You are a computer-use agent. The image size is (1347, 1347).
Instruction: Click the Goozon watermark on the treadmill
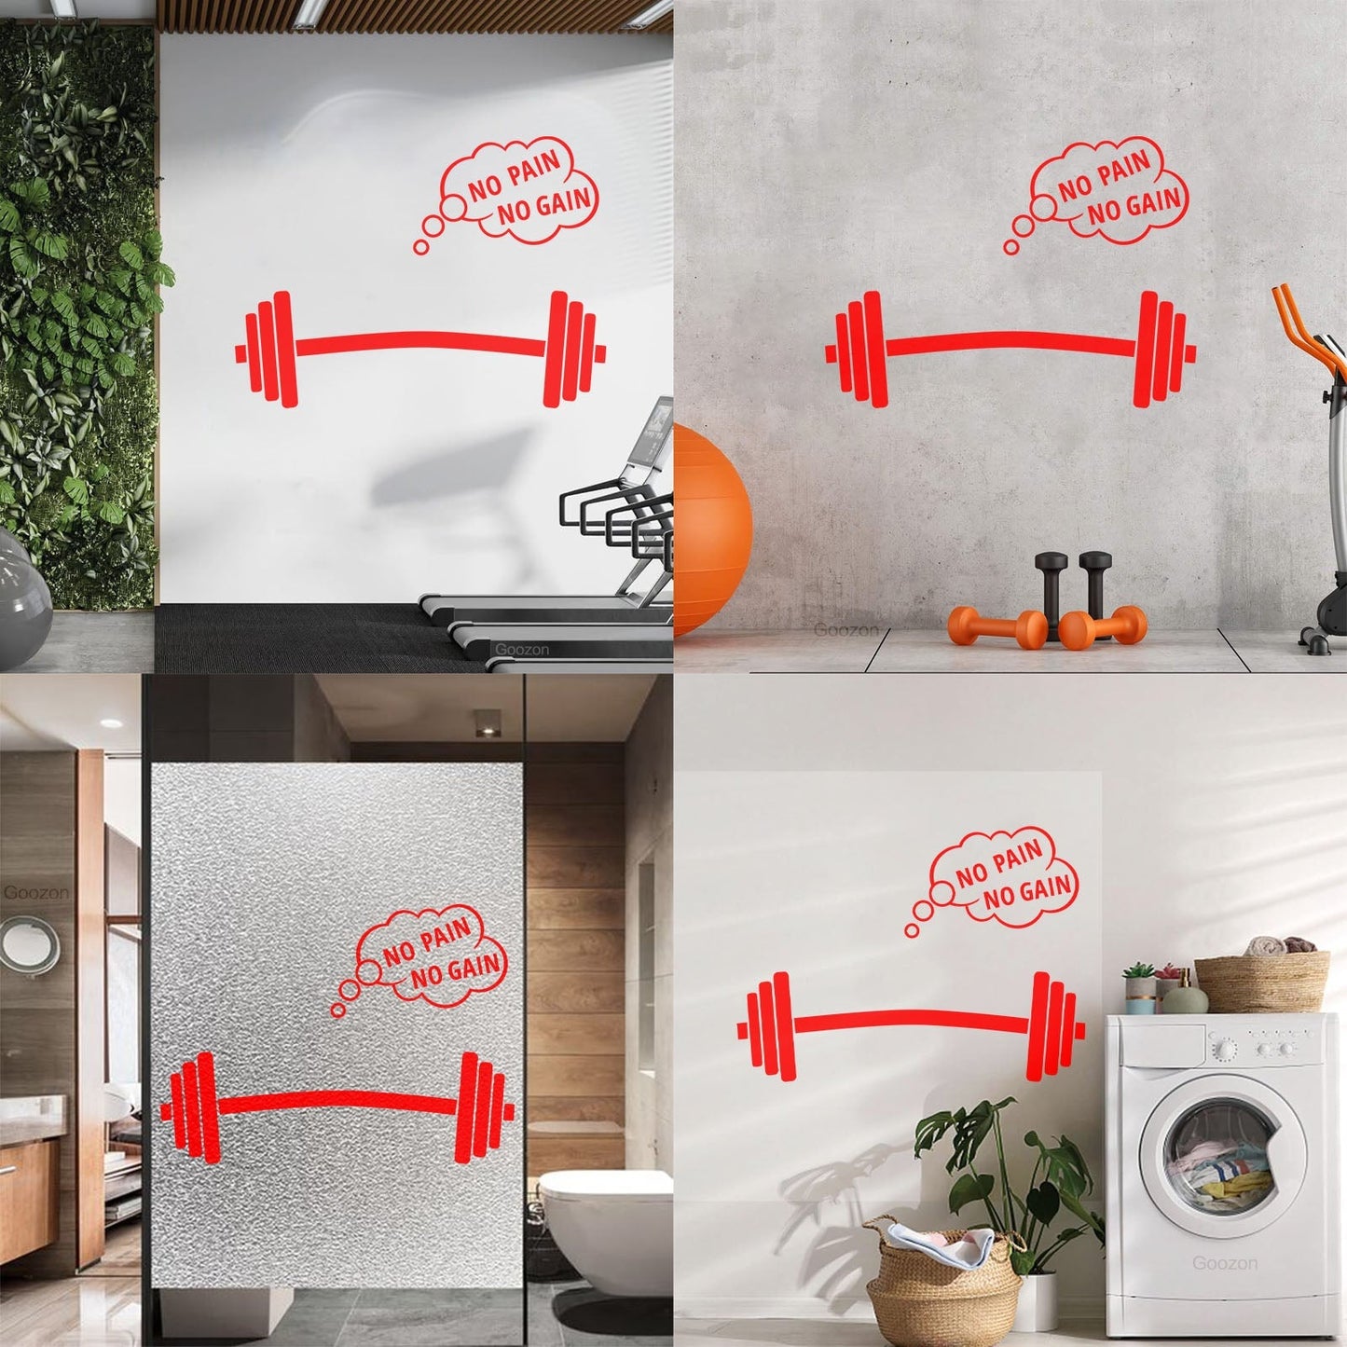pos(521,649)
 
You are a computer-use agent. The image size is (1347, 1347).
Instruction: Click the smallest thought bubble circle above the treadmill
pos(420,247)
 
